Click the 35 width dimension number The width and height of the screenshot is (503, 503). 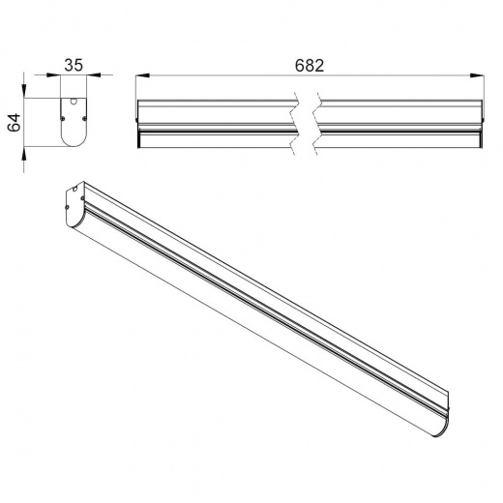[x=74, y=65]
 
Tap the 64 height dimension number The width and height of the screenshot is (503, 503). [x=15, y=123]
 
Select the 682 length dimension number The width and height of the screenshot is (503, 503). [x=310, y=66]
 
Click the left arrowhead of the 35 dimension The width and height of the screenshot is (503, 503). [x=53, y=75]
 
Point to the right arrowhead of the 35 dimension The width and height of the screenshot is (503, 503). [x=94, y=75]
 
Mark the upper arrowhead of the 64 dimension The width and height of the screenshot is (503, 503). [x=24, y=91]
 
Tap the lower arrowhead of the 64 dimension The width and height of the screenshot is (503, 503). [x=24, y=154]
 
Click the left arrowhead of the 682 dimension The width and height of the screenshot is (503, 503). [x=142, y=75]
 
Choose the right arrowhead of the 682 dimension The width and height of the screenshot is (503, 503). [x=477, y=75]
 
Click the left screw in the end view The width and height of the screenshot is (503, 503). [x=63, y=118]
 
